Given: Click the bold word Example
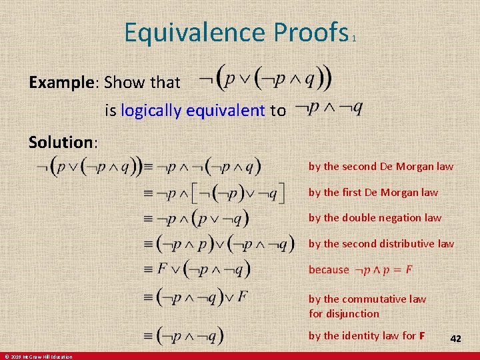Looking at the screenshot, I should coord(61,83).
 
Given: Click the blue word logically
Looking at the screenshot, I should coord(151,111).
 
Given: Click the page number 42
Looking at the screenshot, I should coord(456,339).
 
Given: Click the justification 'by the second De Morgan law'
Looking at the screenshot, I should coord(380,167).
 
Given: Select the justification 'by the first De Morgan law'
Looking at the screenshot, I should coord(373,192).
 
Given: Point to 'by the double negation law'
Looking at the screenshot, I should coord(375,217).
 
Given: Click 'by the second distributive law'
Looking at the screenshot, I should coord(381,243).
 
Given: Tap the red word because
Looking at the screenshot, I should coord(329,269).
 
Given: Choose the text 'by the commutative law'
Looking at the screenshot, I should coord(367,299).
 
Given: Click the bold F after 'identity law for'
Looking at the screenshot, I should coord(421,335).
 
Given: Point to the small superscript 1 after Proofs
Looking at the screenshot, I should coord(354,39).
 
